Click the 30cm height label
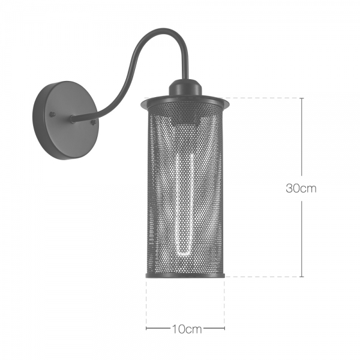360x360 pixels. point(301,188)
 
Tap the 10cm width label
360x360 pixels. point(187,329)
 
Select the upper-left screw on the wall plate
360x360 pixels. point(53,114)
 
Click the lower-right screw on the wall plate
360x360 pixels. point(93,123)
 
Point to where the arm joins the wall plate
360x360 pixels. point(73,119)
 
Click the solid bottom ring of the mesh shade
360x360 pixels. point(185,276)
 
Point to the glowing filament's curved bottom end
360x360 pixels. point(184,254)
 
